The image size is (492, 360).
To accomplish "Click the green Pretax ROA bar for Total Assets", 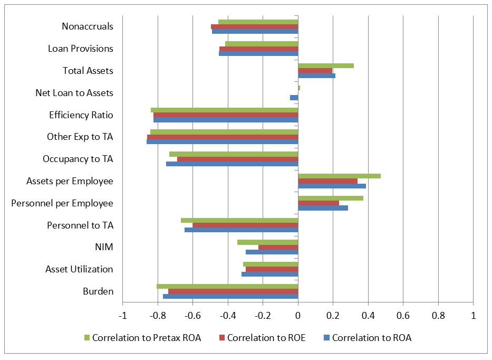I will tap(325, 66).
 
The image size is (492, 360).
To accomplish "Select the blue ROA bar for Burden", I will tap(230, 297).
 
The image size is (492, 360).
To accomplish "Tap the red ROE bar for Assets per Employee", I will tap(327, 181).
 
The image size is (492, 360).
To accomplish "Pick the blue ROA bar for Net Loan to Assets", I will tap(294, 98).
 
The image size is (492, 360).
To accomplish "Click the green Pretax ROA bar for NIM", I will tap(267, 242).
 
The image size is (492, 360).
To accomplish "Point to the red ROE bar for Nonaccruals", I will tap(254, 26).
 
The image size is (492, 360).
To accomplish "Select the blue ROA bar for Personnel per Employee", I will tap(323, 208).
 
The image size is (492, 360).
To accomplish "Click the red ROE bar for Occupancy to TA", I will tap(237, 159).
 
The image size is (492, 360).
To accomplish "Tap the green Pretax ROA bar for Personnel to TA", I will tap(239, 220).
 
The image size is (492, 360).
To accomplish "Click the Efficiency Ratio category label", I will tap(81, 115).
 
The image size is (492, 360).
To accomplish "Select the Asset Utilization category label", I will tap(79, 269).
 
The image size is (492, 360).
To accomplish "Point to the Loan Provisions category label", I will tap(80, 49).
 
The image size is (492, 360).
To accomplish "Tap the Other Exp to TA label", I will tap(80, 137).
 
